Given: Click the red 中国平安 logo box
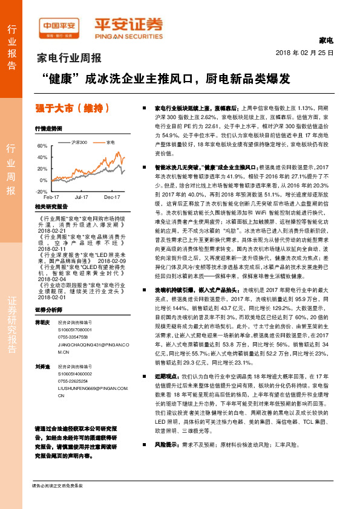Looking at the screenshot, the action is click(59, 26).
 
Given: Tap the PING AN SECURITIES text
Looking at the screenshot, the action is click(128, 34).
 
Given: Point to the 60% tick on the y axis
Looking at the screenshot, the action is click(42, 146).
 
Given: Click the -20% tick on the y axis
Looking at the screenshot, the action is click(41, 191).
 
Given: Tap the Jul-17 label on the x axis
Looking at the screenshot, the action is click(82, 197).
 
